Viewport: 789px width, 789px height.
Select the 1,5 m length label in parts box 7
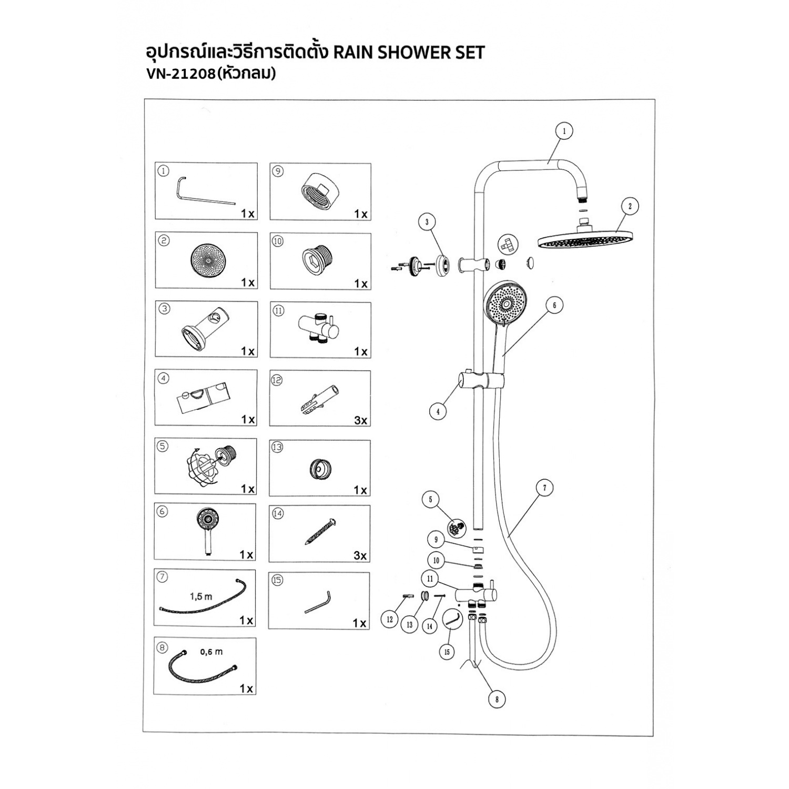201,596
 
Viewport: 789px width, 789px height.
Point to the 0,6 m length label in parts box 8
211,652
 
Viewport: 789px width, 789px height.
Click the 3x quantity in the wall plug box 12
361,420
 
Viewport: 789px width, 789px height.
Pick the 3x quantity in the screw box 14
360,555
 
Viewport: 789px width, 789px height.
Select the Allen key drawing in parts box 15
318,602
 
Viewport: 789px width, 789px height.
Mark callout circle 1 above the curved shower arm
564,131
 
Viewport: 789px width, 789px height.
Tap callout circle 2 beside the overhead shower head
630,206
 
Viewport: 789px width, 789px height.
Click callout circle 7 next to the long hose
544,488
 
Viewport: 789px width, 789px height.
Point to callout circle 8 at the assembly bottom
497,699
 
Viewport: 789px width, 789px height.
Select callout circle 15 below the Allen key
447,652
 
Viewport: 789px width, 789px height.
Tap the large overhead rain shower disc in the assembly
584,240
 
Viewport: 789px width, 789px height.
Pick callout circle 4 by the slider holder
438,412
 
